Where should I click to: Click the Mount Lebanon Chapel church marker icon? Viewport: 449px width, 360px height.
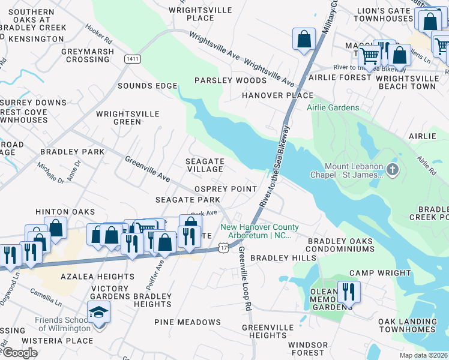click(393, 170)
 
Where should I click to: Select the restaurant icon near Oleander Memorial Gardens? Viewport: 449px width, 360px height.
click(348, 292)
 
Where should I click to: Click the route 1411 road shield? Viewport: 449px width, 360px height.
click(133, 58)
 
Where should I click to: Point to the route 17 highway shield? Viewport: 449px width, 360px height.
click(223, 247)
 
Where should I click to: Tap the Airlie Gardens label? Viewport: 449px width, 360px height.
click(333, 108)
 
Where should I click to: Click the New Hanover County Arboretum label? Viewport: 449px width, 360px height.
click(259, 231)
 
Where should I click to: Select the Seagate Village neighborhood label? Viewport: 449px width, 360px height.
click(205, 166)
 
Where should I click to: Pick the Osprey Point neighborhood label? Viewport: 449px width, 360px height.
click(226, 189)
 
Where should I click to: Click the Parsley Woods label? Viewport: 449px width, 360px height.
click(231, 80)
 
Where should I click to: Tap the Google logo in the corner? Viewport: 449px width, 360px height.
click(19, 353)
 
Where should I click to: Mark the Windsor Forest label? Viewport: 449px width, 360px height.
click(308, 349)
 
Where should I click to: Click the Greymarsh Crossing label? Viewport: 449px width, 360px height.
click(88, 55)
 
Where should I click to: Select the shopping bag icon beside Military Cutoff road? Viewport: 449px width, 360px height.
click(304, 39)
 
